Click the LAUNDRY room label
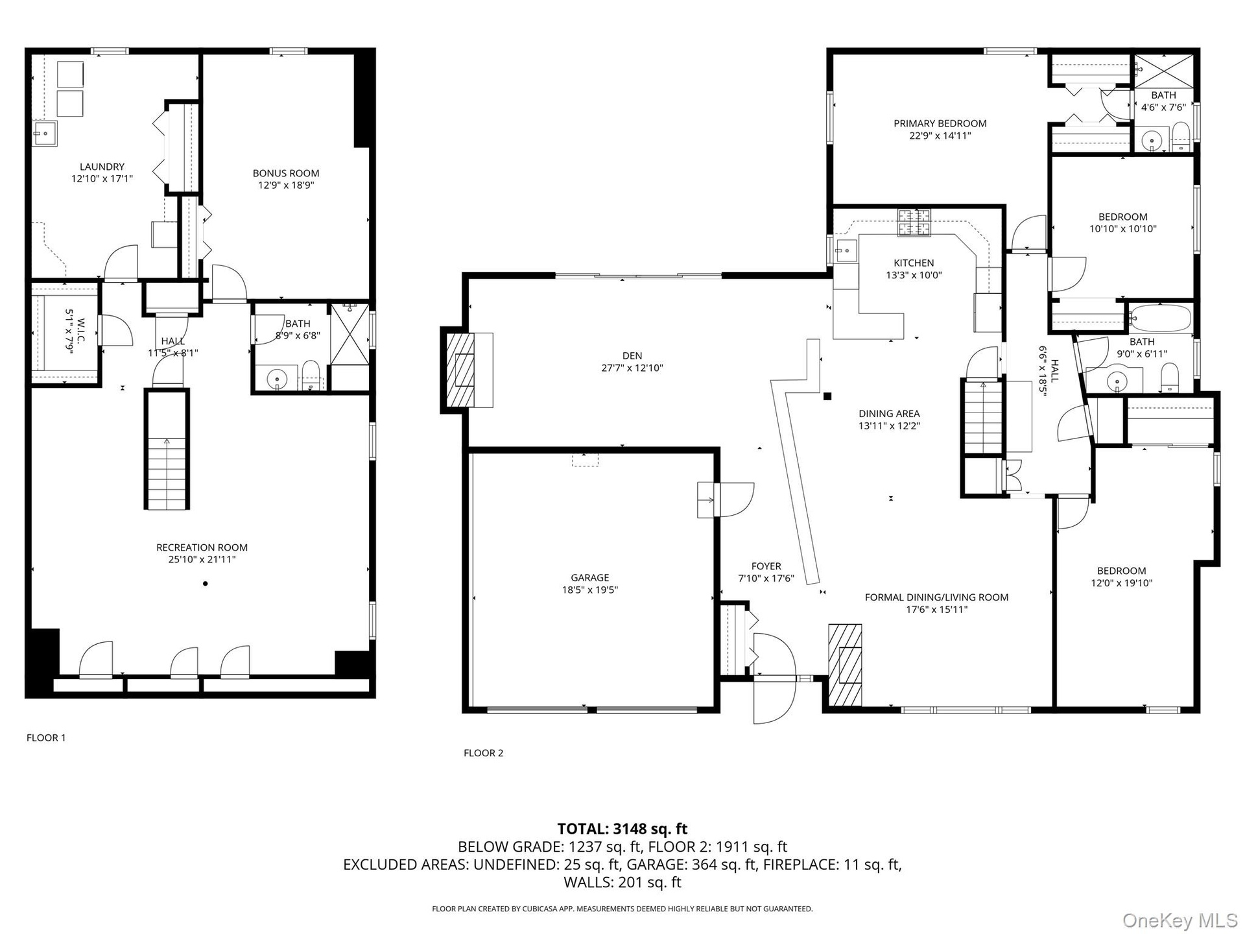click(x=102, y=167)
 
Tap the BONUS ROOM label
click(x=286, y=173)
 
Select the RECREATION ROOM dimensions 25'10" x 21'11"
click(x=202, y=559)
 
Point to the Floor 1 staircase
click(x=167, y=449)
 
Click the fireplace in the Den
click(x=467, y=370)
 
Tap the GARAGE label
click(x=590, y=577)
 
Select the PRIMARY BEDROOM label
click(x=940, y=123)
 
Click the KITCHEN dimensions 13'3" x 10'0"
click(x=914, y=275)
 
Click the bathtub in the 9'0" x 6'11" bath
click(x=1160, y=318)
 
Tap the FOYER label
click(x=766, y=566)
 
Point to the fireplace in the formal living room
click(x=846, y=665)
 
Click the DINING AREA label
click(x=889, y=414)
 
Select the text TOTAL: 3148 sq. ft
click(x=622, y=829)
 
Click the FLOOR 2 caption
click(x=483, y=753)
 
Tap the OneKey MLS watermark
click(x=1180, y=920)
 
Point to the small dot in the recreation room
click(x=206, y=584)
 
